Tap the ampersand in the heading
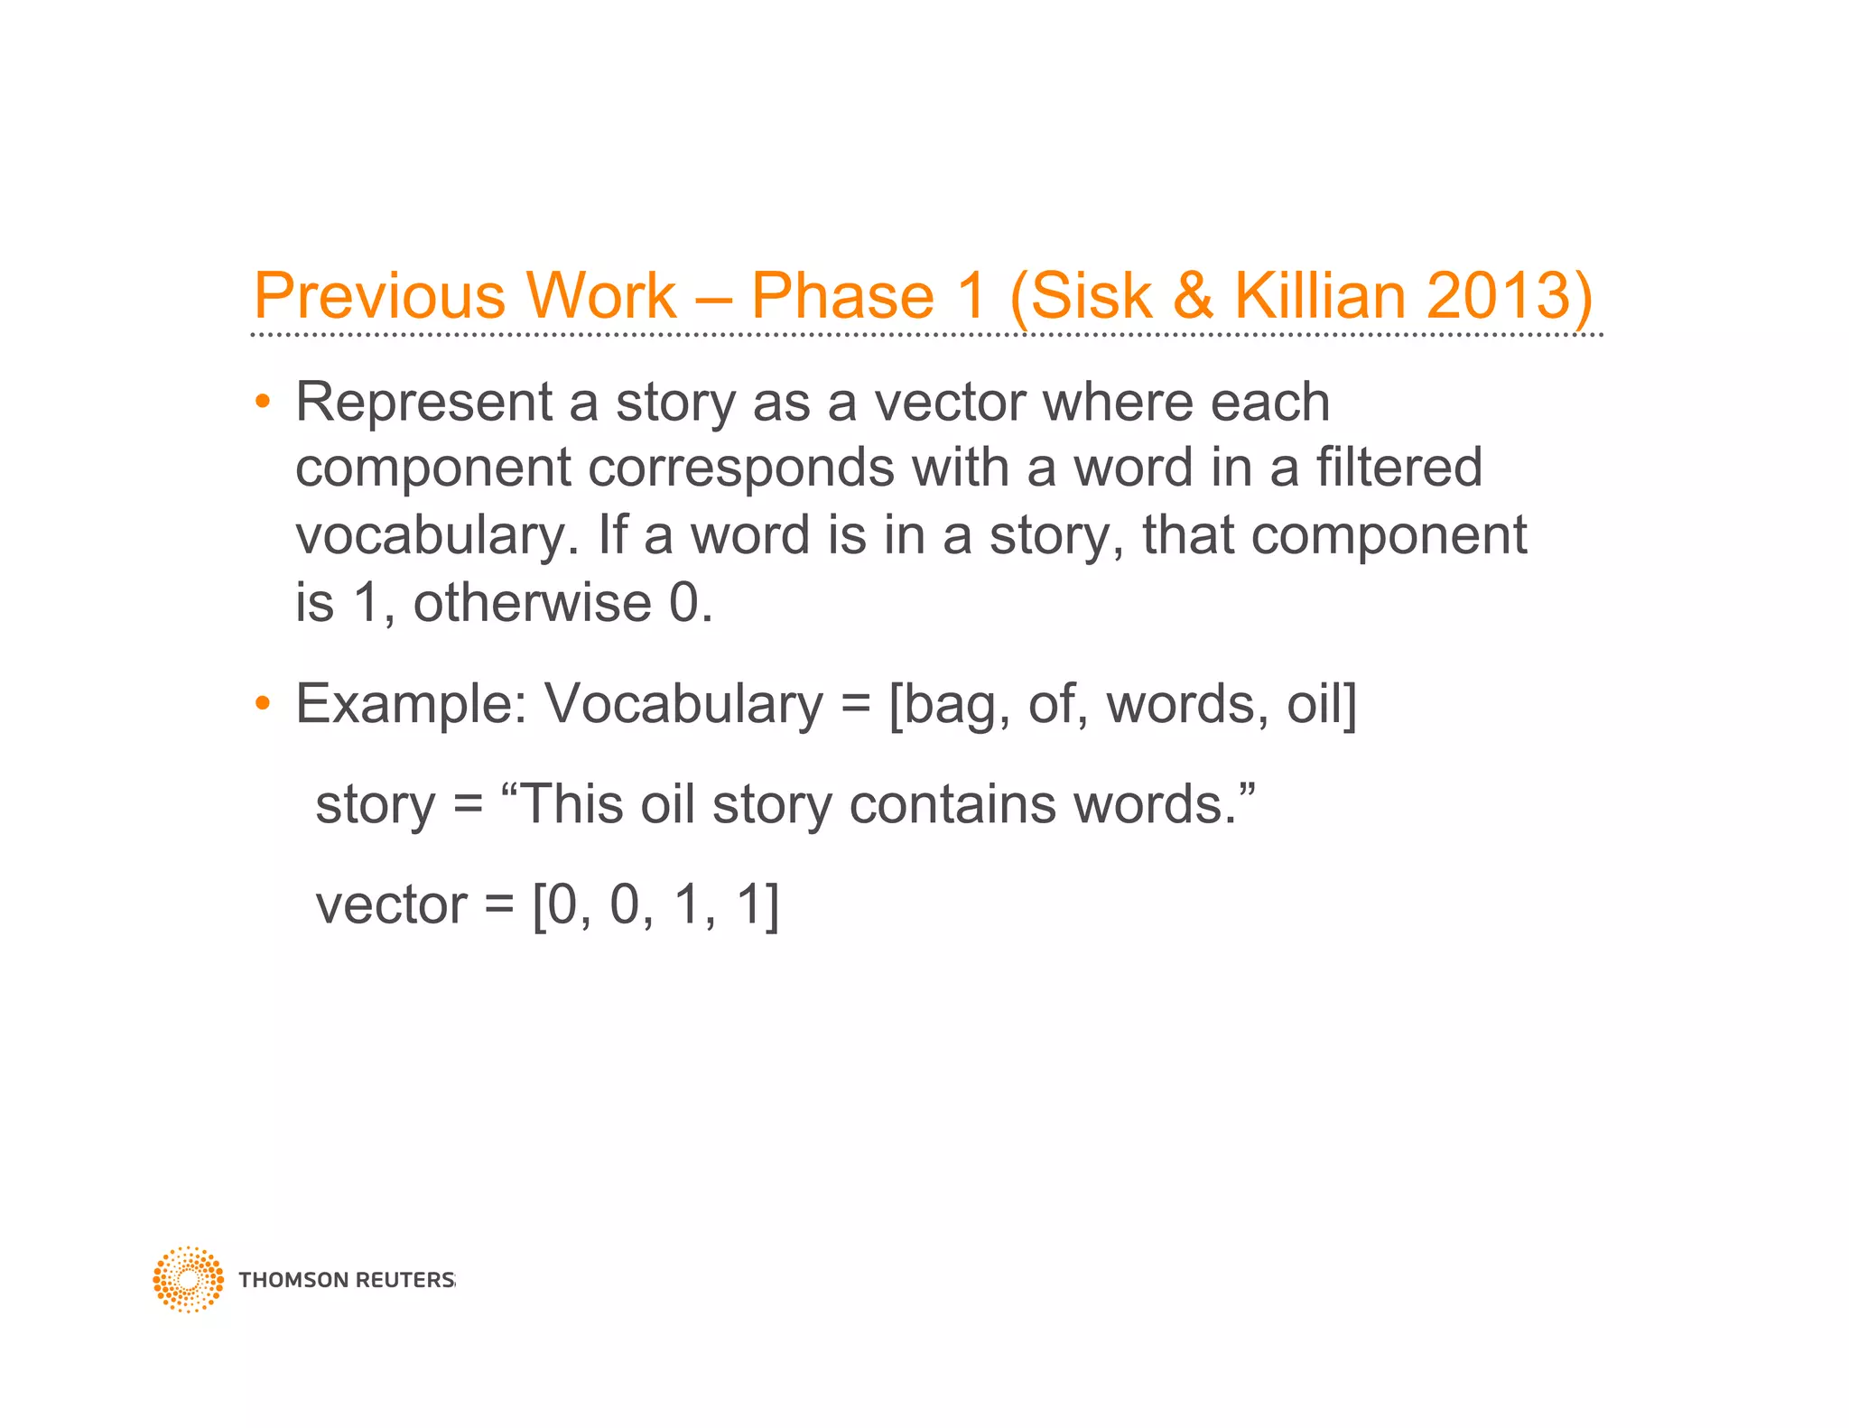click(x=1193, y=295)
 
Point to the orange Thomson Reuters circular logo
click(x=188, y=1279)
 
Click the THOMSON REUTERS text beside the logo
click(x=347, y=1280)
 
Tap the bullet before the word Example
click(x=263, y=702)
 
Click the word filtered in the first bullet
click(x=1398, y=468)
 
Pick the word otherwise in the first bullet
click(x=533, y=602)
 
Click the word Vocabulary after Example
click(x=683, y=704)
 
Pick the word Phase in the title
click(x=842, y=295)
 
